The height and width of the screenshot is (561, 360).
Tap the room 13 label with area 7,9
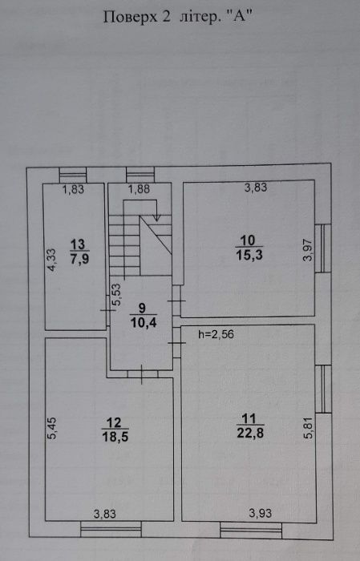pos(79,252)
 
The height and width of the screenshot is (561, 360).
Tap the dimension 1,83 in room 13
pos(74,189)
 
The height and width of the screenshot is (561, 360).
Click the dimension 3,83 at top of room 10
pos(256,188)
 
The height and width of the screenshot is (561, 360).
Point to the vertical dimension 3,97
pos(306,249)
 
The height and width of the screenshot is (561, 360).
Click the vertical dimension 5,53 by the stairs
pos(116,298)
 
